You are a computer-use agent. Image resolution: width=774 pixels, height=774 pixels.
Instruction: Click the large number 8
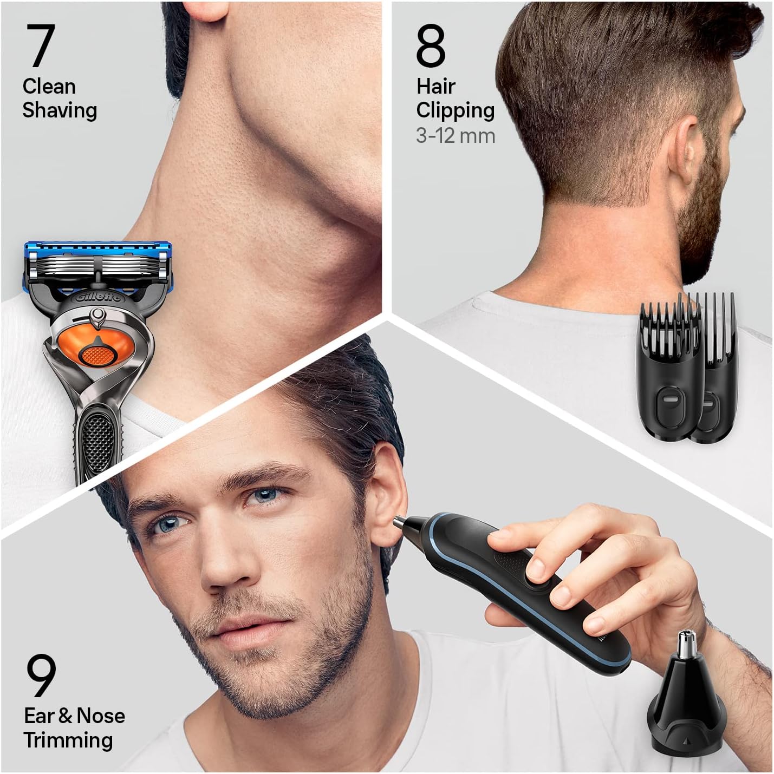(431, 46)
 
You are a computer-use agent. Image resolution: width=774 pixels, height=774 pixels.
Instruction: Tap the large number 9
(41, 675)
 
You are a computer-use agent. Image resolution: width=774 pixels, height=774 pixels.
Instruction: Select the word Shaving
(60, 111)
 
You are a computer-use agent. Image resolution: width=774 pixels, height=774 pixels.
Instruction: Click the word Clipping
(455, 111)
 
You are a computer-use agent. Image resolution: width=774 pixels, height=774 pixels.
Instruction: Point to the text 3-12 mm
(456, 136)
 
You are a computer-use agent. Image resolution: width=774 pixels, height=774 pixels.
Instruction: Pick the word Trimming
(68, 740)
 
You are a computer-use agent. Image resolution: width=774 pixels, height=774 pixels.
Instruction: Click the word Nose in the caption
(101, 716)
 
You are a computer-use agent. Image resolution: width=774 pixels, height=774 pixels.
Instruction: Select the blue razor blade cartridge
(98, 266)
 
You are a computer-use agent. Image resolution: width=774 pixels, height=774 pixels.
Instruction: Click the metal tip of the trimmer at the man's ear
(399, 522)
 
